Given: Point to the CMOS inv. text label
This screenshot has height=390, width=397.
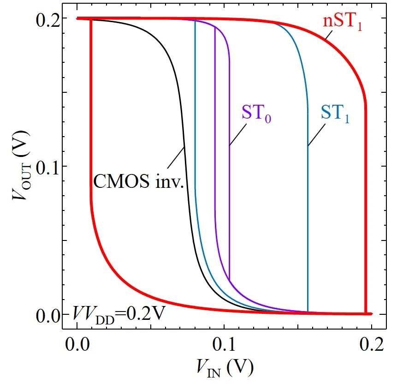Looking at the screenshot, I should pyautogui.click(x=139, y=181).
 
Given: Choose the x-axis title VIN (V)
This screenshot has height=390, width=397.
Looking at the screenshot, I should pyautogui.click(x=223, y=366).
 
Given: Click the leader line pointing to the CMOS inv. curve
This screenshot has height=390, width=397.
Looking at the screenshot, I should pyautogui.click(x=176, y=158).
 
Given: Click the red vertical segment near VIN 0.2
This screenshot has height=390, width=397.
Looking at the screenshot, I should pyautogui.click(x=366, y=208).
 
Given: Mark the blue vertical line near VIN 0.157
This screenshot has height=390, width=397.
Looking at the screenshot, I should pyautogui.click(x=308, y=231).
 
